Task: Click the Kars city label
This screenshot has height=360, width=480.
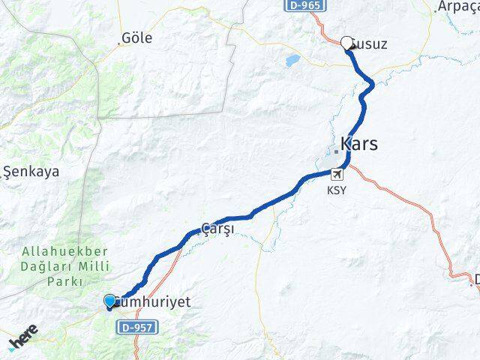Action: pyautogui.click(x=359, y=143)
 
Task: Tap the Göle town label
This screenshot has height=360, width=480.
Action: pyautogui.click(x=137, y=37)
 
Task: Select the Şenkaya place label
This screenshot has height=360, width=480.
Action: pyautogui.click(x=32, y=171)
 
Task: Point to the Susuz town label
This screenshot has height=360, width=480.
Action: pyautogui.click(x=369, y=44)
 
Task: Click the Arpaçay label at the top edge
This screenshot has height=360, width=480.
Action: pyautogui.click(x=460, y=6)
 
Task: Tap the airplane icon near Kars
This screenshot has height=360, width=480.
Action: pyautogui.click(x=336, y=175)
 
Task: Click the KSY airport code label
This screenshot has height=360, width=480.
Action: pyautogui.click(x=337, y=190)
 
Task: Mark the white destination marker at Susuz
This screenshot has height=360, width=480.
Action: pyautogui.click(x=346, y=43)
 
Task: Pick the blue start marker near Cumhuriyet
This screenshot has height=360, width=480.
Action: pyautogui.click(x=110, y=301)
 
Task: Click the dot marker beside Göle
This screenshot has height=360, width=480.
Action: pyautogui.click(x=118, y=44)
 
